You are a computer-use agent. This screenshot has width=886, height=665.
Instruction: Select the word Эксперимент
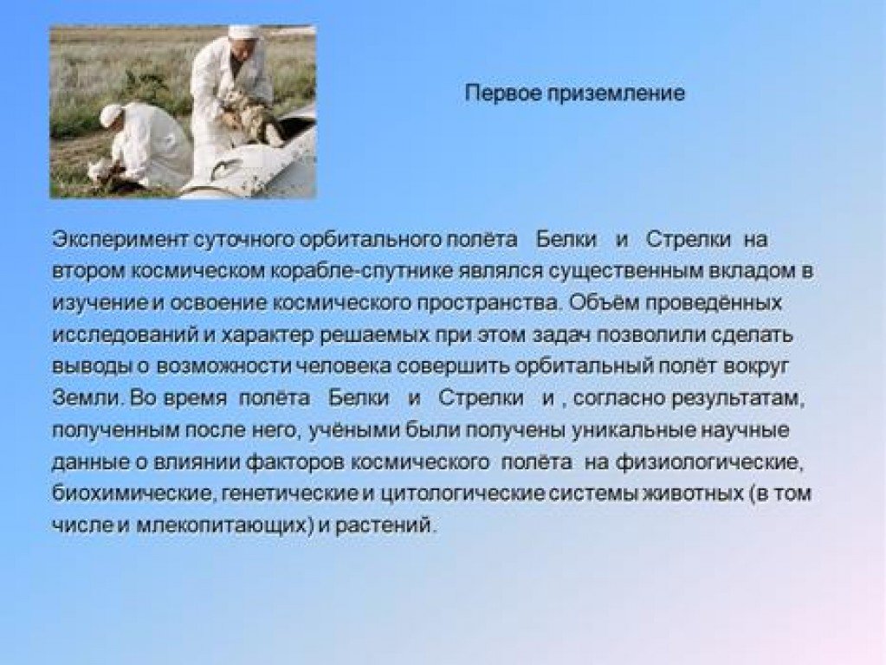point(120,240)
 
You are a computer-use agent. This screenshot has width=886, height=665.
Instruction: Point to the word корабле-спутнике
point(362,272)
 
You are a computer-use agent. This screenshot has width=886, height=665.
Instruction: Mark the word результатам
point(738,399)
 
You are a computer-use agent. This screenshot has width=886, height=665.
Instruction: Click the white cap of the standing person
point(243,31)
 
